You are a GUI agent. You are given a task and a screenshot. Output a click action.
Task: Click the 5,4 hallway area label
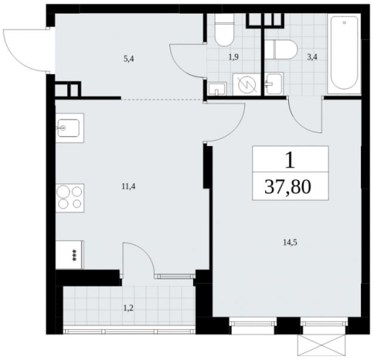[x=128, y=59]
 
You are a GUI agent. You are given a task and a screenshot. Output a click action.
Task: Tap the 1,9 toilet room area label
[x=233, y=58]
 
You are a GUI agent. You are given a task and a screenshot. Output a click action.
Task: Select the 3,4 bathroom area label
[x=311, y=58]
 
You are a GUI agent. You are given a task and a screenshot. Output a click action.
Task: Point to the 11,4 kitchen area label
[x=128, y=186]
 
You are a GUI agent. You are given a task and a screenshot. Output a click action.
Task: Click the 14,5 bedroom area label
[x=290, y=243]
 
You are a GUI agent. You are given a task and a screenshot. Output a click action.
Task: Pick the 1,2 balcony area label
[x=128, y=308]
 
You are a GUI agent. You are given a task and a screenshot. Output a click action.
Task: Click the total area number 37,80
[x=288, y=187]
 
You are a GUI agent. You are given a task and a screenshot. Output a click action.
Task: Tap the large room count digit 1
[x=290, y=161]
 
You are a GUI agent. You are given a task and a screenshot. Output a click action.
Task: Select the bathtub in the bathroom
[x=344, y=54]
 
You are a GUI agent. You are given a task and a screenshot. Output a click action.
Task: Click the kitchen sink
[x=69, y=128]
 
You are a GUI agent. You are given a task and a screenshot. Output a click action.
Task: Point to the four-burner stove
[x=70, y=198]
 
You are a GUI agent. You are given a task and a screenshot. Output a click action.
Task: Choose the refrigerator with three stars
[x=70, y=255]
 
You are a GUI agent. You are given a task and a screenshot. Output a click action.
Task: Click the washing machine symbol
[x=246, y=84]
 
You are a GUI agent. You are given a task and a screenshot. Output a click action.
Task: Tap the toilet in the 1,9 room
[x=224, y=30]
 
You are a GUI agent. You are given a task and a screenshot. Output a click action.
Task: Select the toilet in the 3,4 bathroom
[x=282, y=50]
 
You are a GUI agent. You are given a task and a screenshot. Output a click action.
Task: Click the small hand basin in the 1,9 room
[x=217, y=89]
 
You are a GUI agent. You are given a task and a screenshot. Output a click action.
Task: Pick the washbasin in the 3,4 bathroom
[x=274, y=84]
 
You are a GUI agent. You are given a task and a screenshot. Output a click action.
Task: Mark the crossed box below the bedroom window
[x=323, y=346]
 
